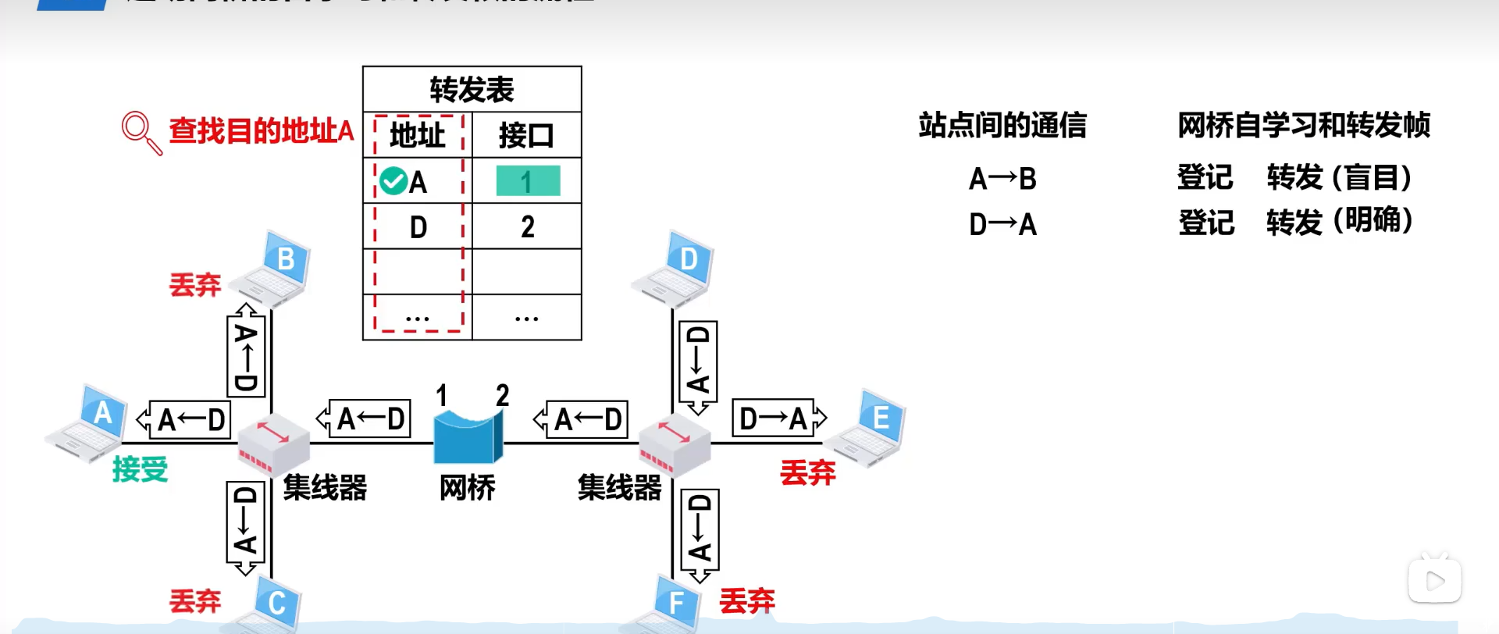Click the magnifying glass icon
141,132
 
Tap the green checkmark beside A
393,181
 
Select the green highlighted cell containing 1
528,181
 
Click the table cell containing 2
528,227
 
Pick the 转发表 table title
472,90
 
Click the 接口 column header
526,136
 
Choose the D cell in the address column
418,227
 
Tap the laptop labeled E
867,427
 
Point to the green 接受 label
141,469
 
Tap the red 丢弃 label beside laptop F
747,600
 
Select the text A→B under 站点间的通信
1002,179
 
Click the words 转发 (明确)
1339,223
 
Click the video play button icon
1434,580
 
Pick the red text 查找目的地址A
262,130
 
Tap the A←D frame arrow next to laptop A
185,420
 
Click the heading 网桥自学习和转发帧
1303,125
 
